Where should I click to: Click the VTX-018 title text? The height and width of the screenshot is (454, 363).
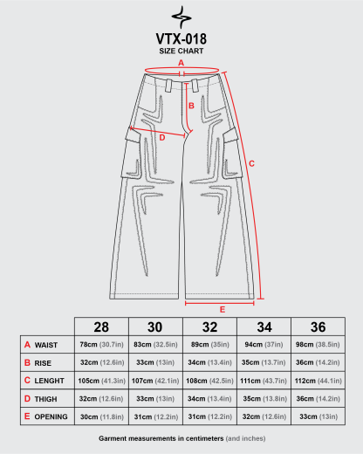(x=181, y=39)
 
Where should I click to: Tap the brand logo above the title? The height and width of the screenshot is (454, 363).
(x=181, y=17)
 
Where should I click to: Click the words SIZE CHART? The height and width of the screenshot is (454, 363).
(x=181, y=51)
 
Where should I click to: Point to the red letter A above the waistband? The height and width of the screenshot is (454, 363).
(x=181, y=63)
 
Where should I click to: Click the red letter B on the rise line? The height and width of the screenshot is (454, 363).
(x=191, y=106)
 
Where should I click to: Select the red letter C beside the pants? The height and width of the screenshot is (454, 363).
(x=251, y=163)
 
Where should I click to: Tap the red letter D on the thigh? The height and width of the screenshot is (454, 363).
(x=162, y=138)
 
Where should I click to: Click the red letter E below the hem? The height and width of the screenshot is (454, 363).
(x=223, y=309)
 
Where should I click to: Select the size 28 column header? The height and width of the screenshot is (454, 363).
(x=101, y=327)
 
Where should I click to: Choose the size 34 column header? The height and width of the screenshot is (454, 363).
(x=264, y=327)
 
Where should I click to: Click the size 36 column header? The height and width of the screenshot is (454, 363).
(x=318, y=327)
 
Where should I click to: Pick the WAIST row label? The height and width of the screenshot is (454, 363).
(x=46, y=345)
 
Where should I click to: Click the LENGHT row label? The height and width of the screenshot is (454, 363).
(x=49, y=381)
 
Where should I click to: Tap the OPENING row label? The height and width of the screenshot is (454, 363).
(x=51, y=416)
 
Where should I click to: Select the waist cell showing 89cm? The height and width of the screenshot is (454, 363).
(x=210, y=345)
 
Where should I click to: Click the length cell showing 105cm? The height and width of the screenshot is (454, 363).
(x=101, y=381)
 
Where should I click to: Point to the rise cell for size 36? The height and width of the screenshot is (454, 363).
(x=318, y=362)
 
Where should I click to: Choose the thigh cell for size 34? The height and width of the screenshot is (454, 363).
(x=264, y=399)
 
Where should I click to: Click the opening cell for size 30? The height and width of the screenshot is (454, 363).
(x=156, y=416)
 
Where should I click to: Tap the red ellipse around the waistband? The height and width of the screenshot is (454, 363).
(x=181, y=67)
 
